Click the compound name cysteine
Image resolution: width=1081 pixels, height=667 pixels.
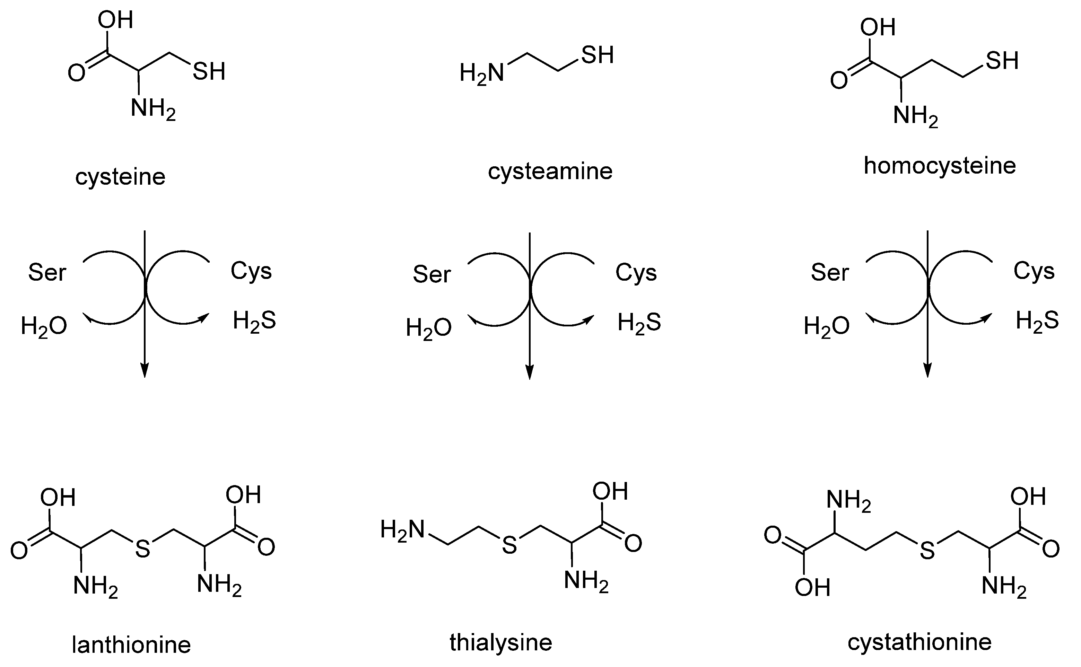(120, 177)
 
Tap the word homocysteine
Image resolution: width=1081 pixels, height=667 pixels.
(940, 166)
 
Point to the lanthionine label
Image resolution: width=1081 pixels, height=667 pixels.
(131, 645)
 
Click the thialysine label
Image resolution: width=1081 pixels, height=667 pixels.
(501, 642)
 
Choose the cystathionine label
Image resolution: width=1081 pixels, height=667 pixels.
(919, 642)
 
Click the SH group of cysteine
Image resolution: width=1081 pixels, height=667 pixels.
(209, 71)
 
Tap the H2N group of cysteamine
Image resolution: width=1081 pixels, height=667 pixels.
(481, 73)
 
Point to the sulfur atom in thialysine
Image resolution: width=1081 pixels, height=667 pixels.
(509, 546)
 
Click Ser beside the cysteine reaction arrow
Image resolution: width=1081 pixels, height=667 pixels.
(47, 273)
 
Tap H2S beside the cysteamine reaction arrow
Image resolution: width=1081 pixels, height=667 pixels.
(639, 323)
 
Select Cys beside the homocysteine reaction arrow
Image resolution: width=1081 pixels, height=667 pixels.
(1034, 271)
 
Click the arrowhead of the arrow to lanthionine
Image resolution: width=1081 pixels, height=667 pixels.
(145, 370)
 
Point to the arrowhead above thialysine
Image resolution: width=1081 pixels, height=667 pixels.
(530, 371)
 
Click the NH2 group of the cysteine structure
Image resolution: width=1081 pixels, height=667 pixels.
(152, 108)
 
